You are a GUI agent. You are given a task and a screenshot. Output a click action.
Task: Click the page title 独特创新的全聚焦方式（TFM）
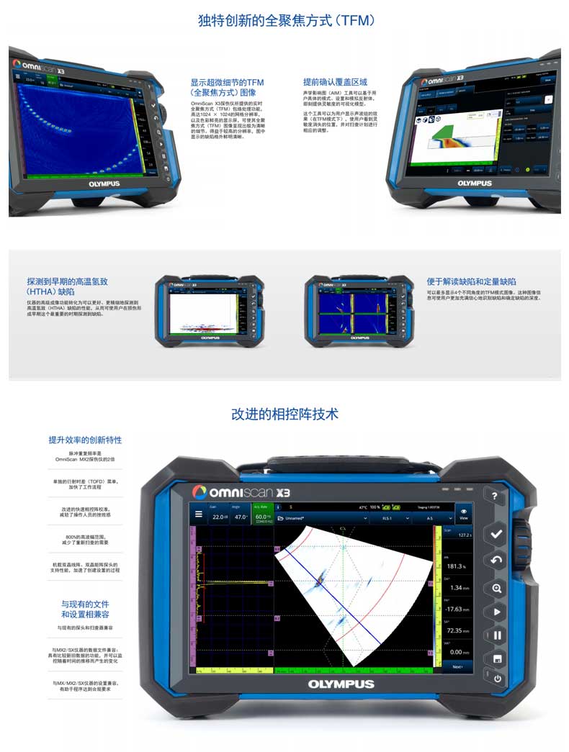pos(287,21)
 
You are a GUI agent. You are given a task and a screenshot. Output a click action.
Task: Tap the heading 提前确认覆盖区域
pos(335,82)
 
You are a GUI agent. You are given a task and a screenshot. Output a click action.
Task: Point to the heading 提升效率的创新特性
pos(85,440)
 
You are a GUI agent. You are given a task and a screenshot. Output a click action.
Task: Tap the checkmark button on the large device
pos(496,534)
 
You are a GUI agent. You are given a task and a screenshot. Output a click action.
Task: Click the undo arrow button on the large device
pos(496,561)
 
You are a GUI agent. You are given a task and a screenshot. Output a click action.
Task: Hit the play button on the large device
pos(496,612)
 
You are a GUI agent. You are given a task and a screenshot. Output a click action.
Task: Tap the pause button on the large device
pos(496,636)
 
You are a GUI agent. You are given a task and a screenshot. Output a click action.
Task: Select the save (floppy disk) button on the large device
pos(496,658)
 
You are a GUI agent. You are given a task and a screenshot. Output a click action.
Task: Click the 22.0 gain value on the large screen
pos(219,517)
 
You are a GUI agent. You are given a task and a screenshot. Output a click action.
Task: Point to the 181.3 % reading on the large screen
pos(456,566)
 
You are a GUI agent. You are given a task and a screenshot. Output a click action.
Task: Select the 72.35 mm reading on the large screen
pos(456,630)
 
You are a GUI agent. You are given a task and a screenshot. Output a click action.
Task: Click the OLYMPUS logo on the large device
pos(341,684)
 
